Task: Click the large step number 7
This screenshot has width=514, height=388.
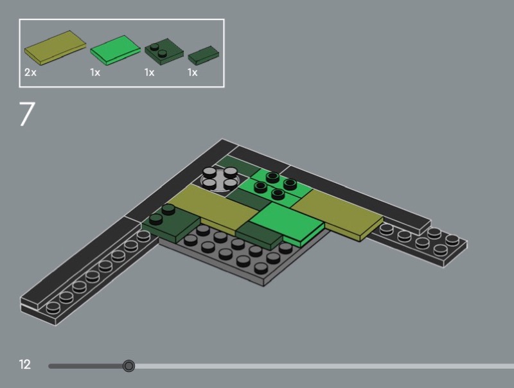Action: [x=27, y=114]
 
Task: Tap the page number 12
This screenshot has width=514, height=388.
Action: [x=24, y=364]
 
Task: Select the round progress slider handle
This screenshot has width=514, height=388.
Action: [x=129, y=366]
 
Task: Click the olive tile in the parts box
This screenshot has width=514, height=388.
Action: [x=55, y=48]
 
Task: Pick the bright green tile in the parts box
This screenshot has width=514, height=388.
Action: [x=115, y=50]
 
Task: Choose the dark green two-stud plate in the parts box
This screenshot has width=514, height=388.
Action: [x=164, y=52]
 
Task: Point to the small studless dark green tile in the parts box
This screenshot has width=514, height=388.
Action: [x=203, y=55]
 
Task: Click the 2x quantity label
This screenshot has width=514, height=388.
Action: [x=30, y=72]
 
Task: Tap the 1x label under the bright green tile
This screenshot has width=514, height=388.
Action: [x=95, y=72]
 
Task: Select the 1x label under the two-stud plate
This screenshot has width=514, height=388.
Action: [x=150, y=72]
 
